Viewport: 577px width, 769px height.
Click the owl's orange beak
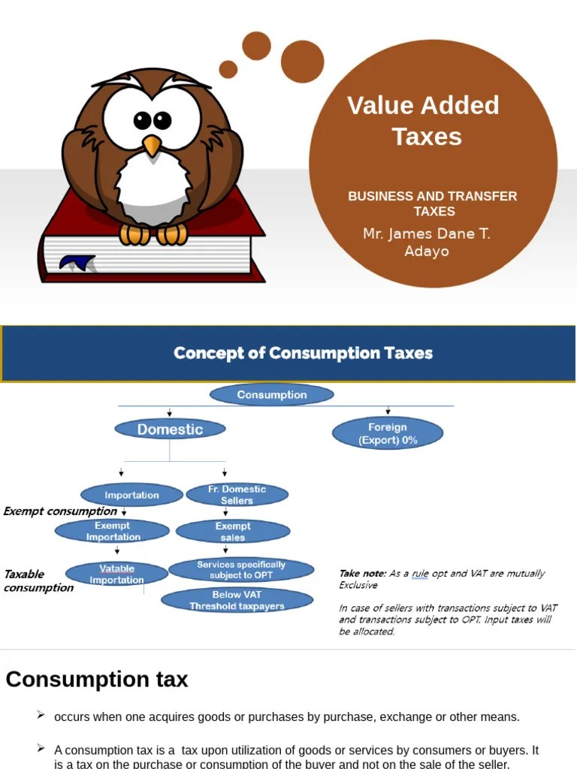[152, 145]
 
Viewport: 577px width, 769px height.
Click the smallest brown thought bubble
[228, 69]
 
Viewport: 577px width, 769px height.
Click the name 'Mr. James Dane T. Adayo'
[426, 242]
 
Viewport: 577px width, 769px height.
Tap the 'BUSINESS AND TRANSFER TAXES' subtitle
[433, 204]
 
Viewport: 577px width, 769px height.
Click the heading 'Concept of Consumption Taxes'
[303, 353]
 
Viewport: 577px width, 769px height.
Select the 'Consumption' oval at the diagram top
[272, 395]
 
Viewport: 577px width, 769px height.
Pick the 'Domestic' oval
[170, 430]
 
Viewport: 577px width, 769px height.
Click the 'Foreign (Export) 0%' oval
[388, 433]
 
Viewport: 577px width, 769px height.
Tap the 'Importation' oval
[131, 495]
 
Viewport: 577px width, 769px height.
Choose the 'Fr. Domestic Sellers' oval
[237, 494]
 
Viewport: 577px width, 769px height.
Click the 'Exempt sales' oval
[233, 532]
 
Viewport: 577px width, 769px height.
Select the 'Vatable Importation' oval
[116, 574]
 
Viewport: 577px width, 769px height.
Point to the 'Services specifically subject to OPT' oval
[240, 569]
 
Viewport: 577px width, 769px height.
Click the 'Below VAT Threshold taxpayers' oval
[237, 600]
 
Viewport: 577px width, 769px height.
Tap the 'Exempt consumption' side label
[60, 511]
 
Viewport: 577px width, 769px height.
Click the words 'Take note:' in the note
[362, 574]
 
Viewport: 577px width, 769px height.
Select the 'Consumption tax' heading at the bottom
[97, 680]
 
